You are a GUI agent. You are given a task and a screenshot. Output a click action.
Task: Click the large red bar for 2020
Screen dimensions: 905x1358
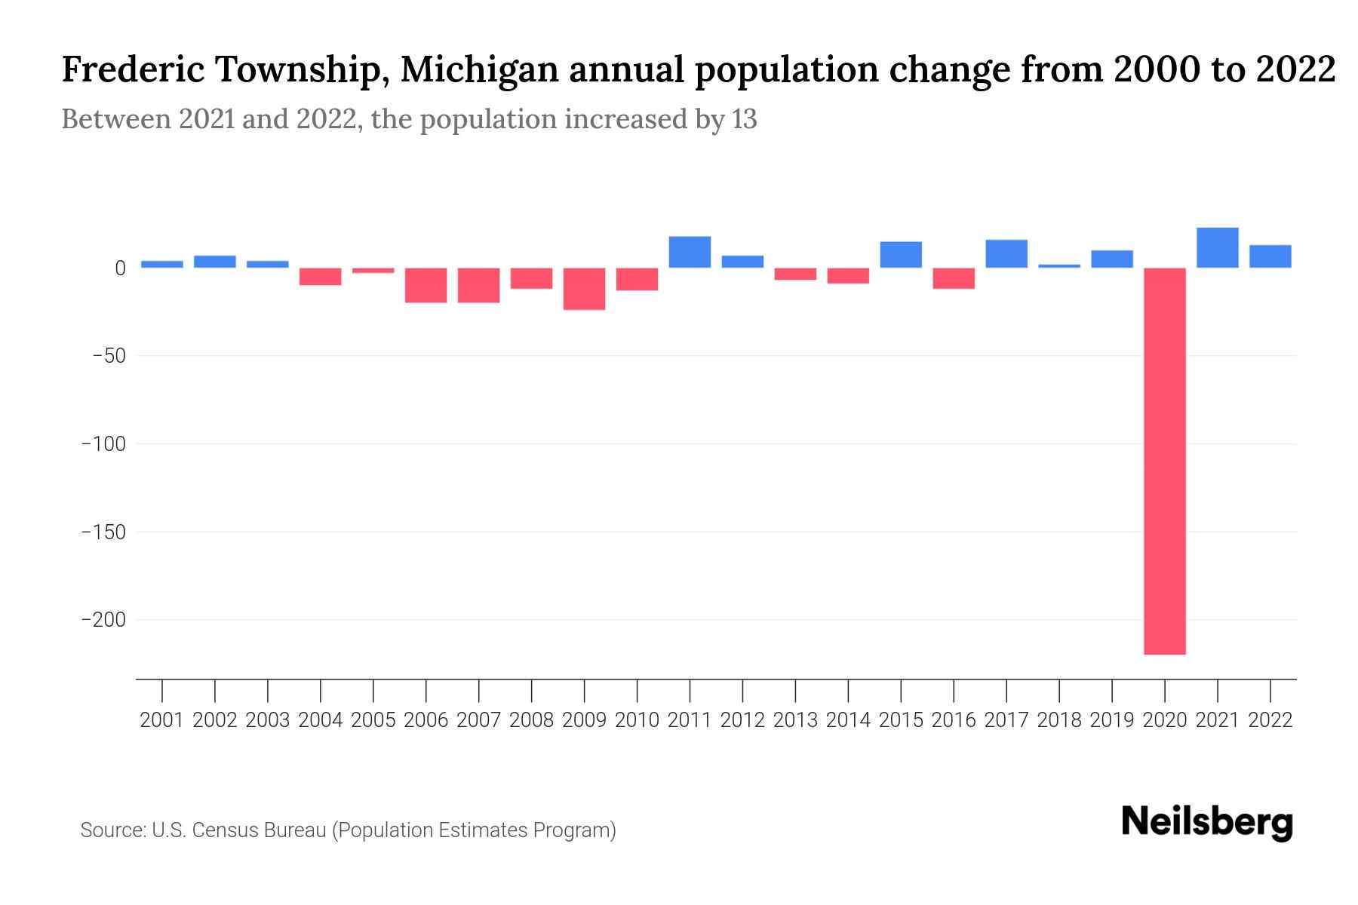(x=1164, y=460)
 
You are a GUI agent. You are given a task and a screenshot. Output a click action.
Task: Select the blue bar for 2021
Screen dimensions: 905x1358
(x=1217, y=247)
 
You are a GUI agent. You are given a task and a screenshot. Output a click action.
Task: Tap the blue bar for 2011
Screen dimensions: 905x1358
(x=690, y=252)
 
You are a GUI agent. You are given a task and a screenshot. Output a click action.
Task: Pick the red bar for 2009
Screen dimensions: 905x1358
(x=584, y=289)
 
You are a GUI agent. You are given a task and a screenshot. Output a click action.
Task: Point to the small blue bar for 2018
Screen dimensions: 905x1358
(x=1058, y=266)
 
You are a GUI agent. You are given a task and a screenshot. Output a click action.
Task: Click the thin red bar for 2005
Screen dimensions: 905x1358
(x=373, y=270)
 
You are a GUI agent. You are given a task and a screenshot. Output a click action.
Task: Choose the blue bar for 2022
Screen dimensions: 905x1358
(x=1270, y=256)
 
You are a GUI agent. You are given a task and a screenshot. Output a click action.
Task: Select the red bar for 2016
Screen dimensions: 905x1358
(x=953, y=278)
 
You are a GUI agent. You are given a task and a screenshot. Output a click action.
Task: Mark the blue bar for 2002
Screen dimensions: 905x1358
(x=214, y=262)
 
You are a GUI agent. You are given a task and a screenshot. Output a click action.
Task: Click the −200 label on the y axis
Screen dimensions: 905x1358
(x=103, y=620)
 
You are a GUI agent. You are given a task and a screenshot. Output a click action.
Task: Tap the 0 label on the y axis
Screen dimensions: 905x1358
(x=120, y=268)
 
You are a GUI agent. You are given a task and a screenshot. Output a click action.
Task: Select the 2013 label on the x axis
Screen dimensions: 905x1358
(x=795, y=720)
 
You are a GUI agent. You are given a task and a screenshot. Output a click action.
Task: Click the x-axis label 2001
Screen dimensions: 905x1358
(x=161, y=720)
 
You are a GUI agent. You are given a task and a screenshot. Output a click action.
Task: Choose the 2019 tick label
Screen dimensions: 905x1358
(x=1111, y=720)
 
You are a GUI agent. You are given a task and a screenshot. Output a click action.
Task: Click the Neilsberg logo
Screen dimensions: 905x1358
(x=1207, y=822)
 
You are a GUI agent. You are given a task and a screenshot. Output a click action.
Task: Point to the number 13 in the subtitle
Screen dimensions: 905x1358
(x=744, y=119)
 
